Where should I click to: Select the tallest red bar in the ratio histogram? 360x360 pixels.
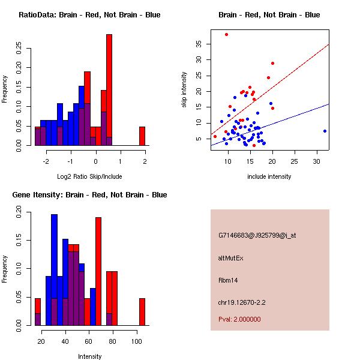pyautogui.click(x=109, y=90)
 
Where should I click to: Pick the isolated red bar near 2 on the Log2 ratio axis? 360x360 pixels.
pyautogui.click(x=142, y=136)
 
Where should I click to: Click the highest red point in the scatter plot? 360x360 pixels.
pyautogui.click(x=226, y=34)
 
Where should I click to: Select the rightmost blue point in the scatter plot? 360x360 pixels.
pyautogui.click(x=325, y=131)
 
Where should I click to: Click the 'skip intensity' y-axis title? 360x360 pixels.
pyautogui.click(x=184, y=90)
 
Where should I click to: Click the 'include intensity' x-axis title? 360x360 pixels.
pyautogui.click(x=269, y=176)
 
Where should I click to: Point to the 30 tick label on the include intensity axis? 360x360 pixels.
pyautogui.click(x=316, y=161)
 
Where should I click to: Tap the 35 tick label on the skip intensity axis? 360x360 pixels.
pyautogui.click(x=199, y=43)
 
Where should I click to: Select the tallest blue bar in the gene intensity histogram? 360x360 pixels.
pyautogui.click(x=55, y=269)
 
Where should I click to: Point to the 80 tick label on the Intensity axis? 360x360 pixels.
pyautogui.click(x=113, y=341)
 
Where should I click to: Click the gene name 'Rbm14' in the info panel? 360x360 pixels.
pyautogui.click(x=229, y=280)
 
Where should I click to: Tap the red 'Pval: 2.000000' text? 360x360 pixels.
pyautogui.click(x=239, y=319)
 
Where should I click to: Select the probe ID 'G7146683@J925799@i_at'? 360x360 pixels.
pyautogui.click(x=257, y=235)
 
